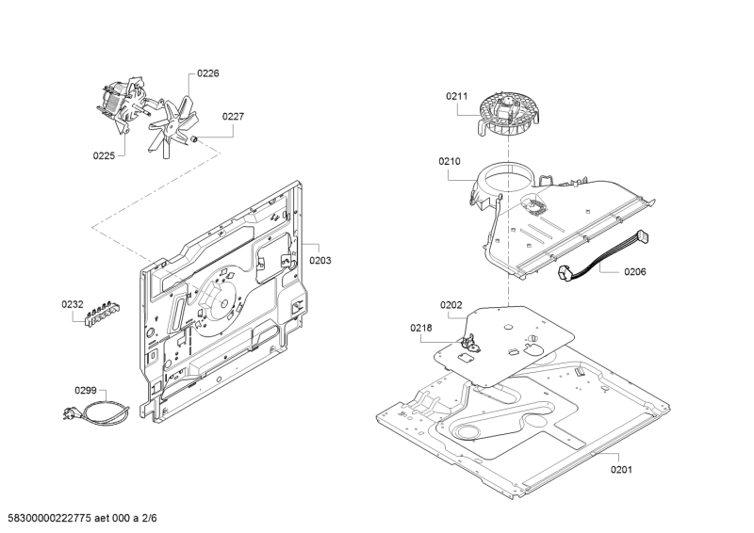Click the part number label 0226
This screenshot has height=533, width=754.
(x=208, y=73)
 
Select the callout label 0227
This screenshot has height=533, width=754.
(x=233, y=117)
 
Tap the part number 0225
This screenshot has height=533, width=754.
(x=104, y=155)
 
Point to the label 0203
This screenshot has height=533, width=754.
(x=320, y=261)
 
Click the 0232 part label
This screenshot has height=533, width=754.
(x=73, y=304)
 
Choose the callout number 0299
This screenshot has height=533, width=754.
(x=86, y=390)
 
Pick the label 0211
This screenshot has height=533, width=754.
(x=456, y=96)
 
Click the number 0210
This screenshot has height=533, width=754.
(x=450, y=161)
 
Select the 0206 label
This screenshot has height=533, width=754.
(x=635, y=272)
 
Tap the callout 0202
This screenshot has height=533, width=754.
(x=451, y=305)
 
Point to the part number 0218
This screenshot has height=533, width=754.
(x=421, y=329)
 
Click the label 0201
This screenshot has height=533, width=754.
(x=622, y=470)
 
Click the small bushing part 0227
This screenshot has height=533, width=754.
(x=195, y=139)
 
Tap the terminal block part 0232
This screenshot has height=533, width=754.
(x=103, y=315)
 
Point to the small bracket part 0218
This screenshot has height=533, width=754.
(x=469, y=343)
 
